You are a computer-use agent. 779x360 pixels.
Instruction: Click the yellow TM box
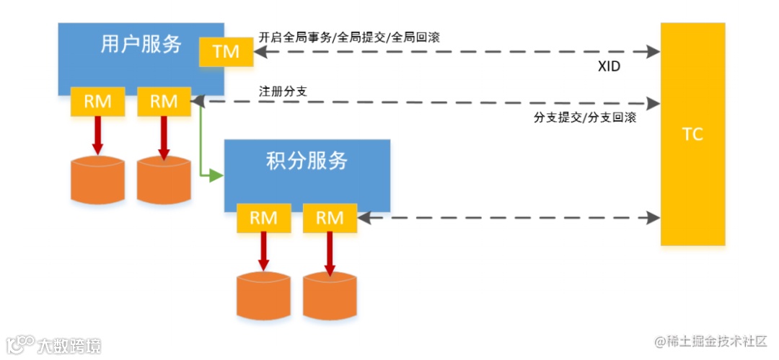pyautogui.click(x=226, y=51)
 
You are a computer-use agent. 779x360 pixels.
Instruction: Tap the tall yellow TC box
pyautogui.click(x=692, y=134)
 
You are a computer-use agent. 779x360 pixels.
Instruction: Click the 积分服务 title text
pyautogui.click(x=307, y=160)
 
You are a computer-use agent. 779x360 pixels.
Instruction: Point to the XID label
pyautogui.click(x=609, y=66)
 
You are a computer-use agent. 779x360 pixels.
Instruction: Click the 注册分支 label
pyautogui.click(x=278, y=92)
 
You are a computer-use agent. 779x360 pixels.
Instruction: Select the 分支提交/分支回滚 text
pyautogui.click(x=585, y=118)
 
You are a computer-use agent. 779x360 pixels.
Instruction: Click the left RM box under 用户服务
pyautogui.click(x=98, y=102)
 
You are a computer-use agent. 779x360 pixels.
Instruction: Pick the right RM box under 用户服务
pyautogui.click(x=164, y=102)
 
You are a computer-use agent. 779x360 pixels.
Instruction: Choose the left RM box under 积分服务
pyautogui.click(x=264, y=218)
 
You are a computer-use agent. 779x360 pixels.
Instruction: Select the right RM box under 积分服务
pyautogui.click(x=330, y=218)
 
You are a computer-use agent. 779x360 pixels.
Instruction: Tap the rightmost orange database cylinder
pyautogui.click(x=330, y=295)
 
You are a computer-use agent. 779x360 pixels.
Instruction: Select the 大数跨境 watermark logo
pyautogui.click(x=54, y=344)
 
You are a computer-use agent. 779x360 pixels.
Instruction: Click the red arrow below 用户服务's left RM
pyautogui.click(x=98, y=134)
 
